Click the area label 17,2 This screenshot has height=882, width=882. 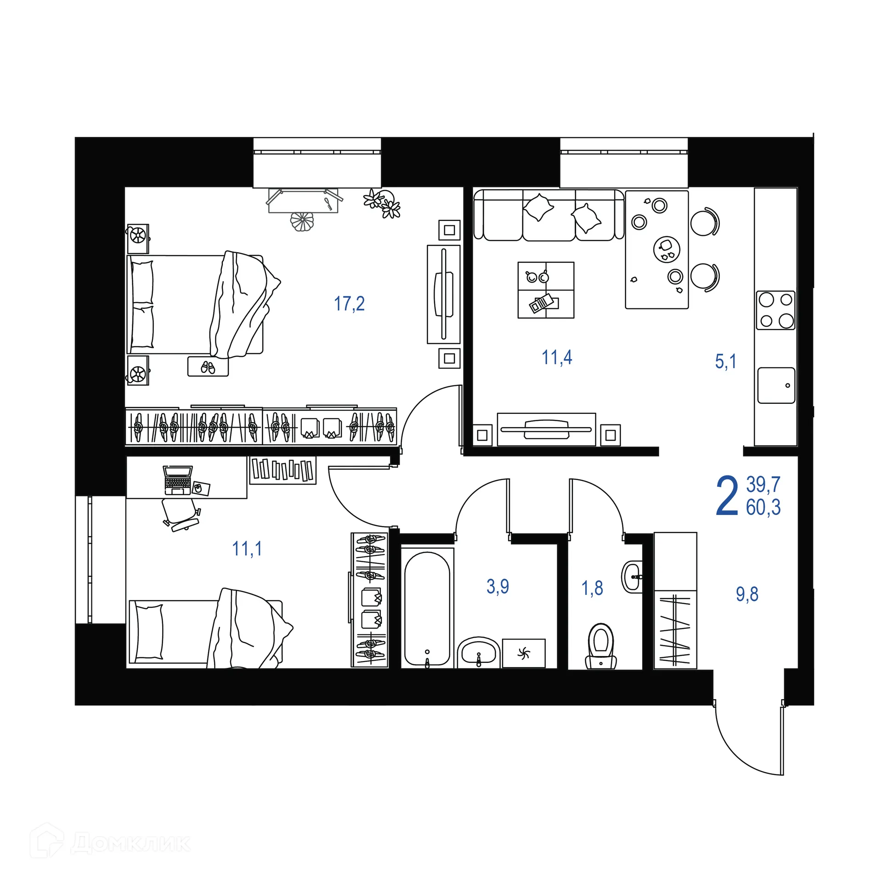click(x=349, y=304)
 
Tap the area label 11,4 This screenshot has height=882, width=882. click(x=557, y=357)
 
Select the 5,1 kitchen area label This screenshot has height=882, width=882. click(x=725, y=362)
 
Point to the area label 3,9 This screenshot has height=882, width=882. click(x=498, y=587)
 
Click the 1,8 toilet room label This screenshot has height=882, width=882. click(x=592, y=588)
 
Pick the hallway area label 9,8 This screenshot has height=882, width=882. click(x=747, y=594)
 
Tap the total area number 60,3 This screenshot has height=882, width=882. click(x=763, y=508)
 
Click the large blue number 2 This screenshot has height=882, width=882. click(x=727, y=497)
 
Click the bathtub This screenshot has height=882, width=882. click(x=427, y=608)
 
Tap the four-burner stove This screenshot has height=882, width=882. click(x=775, y=310)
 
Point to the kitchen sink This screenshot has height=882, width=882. click(x=776, y=385)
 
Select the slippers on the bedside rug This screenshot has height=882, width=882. click(x=208, y=367)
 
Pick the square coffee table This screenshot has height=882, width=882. click(x=546, y=290)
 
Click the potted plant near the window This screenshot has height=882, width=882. click(x=383, y=204)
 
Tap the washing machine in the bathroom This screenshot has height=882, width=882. click(x=523, y=653)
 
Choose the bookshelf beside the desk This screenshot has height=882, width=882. click(x=283, y=469)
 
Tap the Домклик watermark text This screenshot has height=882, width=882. click(x=130, y=843)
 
